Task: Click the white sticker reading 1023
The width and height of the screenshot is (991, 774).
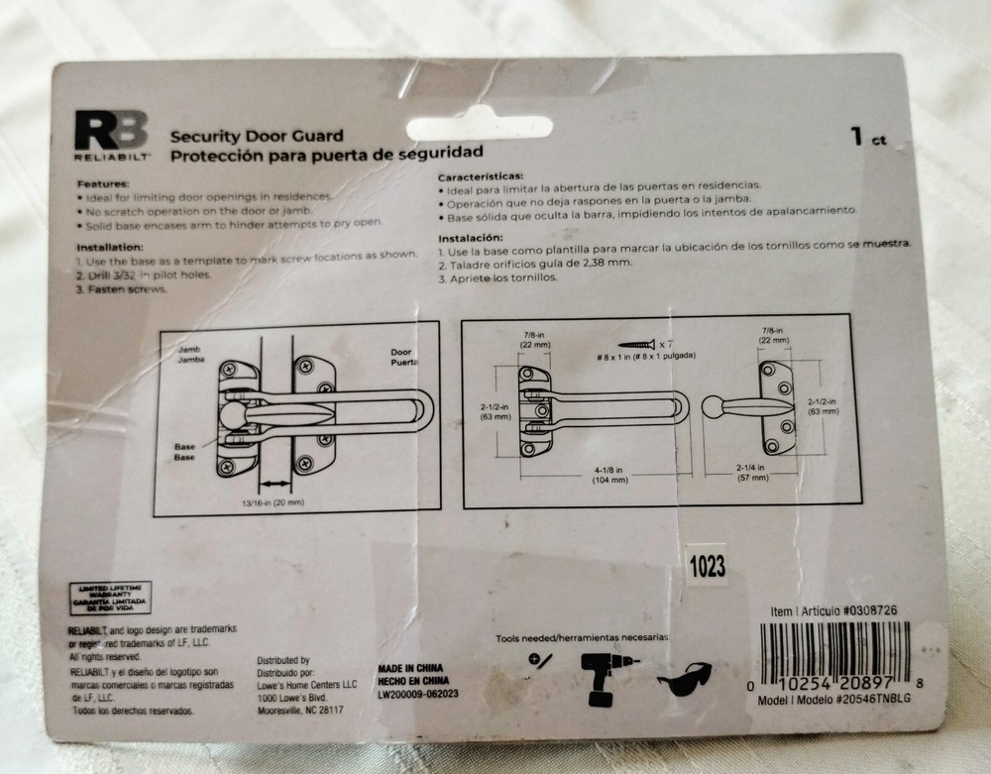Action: [x=705, y=567]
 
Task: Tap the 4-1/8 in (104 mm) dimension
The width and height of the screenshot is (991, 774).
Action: [x=611, y=473]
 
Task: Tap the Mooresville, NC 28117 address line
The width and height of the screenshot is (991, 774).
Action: [x=300, y=710]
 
